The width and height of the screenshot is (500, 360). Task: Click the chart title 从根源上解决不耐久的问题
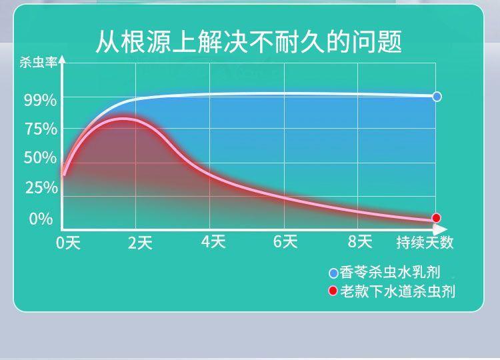click(x=249, y=42)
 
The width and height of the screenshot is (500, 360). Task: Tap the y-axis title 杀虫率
click(x=38, y=62)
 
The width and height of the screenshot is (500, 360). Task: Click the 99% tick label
click(x=40, y=101)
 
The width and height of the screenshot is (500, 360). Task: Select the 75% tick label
click(x=41, y=129)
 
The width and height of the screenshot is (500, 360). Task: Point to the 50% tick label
click(x=40, y=158)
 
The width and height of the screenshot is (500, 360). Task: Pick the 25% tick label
click(x=41, y=187)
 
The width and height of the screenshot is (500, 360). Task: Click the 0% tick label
click(x=41, y=219)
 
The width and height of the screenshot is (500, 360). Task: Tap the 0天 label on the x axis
click(x=68, y=243)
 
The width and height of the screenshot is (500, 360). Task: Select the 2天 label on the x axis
click(x=140, y=243)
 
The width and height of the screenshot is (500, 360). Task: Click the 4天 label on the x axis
click(x=213, y=242)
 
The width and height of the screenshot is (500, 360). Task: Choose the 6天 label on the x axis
click(x=285, y=242)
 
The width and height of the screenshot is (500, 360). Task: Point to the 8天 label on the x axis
click(x=360, y=242)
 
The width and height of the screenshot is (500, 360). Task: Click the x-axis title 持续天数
click(x=425, y=243)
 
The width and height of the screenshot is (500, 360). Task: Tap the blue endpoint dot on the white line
click(x=437, y=96)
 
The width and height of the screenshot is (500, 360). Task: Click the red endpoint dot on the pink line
click(x=436, y=218)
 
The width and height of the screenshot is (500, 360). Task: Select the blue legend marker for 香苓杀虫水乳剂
click(x=333, y=273)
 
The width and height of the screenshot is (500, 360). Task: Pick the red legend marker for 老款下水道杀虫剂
click(x=333, y=291)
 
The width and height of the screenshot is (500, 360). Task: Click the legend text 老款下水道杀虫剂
click(x=397, y=291)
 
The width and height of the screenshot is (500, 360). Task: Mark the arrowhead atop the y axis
click(x=63, y=59)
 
